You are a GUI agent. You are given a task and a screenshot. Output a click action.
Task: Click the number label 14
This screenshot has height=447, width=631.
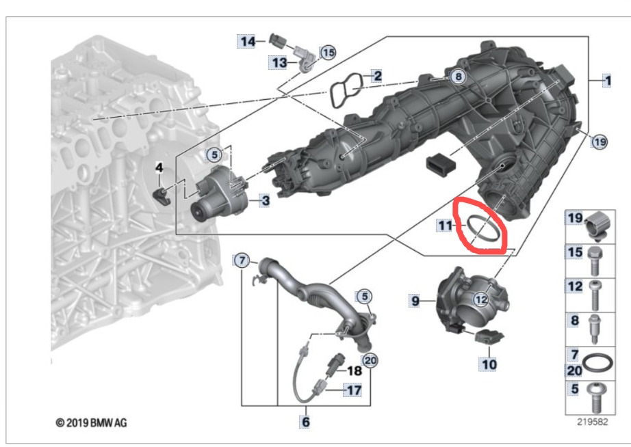click(x=246, y=42)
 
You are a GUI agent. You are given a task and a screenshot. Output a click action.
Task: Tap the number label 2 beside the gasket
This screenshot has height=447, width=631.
click(x=376, y=76)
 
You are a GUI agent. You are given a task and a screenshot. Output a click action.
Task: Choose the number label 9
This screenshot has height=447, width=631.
click(x=415, y=300)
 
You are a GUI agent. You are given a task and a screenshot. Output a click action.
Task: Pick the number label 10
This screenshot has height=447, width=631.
click(x=489, y=364)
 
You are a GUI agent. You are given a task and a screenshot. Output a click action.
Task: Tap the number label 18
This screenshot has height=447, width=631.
click(x=354, y=371)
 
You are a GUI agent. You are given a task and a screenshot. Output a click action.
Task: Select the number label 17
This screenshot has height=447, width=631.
click(x=354, y=392)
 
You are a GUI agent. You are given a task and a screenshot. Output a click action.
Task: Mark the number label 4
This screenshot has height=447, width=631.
click(x=159, y=166)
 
